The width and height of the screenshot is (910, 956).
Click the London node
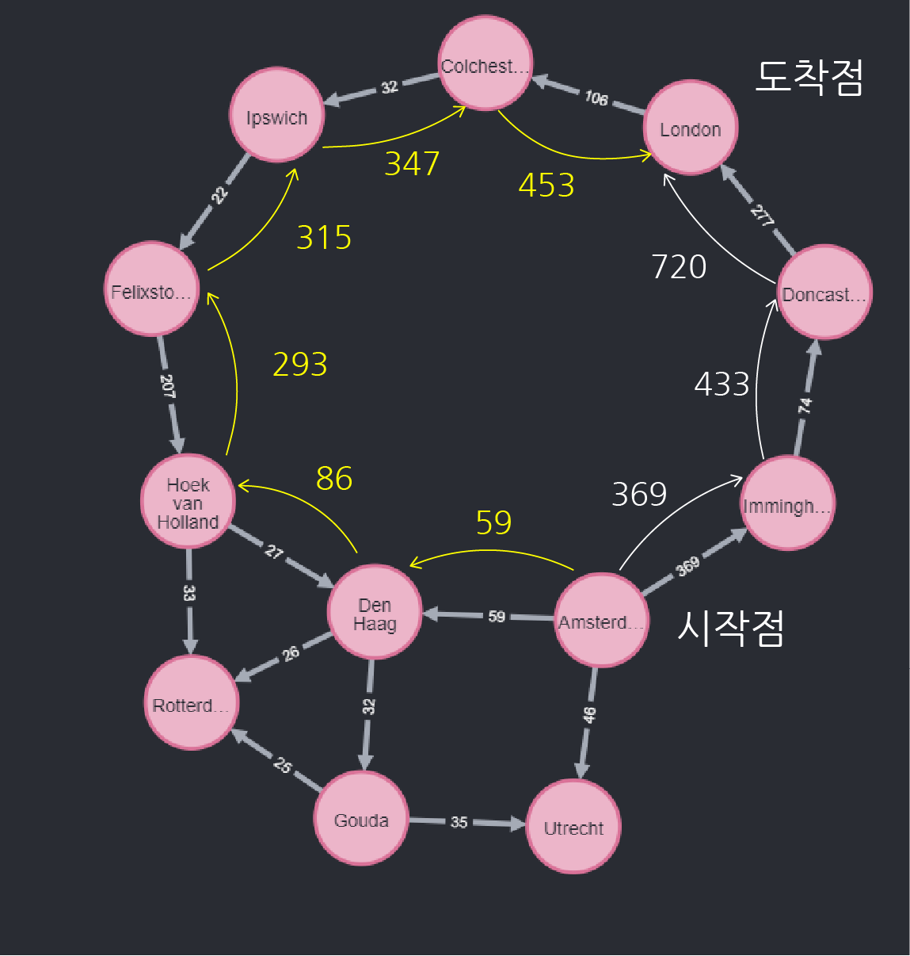691,128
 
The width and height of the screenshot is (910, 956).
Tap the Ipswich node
276,116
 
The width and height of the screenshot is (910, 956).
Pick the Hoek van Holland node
188,502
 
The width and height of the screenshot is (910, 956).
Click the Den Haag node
374,612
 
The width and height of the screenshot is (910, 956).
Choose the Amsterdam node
600,620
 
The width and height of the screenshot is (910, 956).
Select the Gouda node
361,819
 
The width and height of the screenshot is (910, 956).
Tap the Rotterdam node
190,703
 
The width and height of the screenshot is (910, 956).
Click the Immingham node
787,503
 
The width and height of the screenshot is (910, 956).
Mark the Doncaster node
824,293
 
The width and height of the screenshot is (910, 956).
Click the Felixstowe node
151,289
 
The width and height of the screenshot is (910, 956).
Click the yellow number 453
546,185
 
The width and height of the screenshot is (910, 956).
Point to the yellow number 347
412,164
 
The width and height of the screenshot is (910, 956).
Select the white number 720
679,267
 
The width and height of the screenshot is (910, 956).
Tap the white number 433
722,384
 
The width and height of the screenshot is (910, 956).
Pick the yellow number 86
333,479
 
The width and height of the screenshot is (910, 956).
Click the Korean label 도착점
809,78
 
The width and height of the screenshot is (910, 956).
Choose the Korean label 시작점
730,628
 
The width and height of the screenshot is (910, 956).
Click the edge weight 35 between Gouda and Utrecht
459,822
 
